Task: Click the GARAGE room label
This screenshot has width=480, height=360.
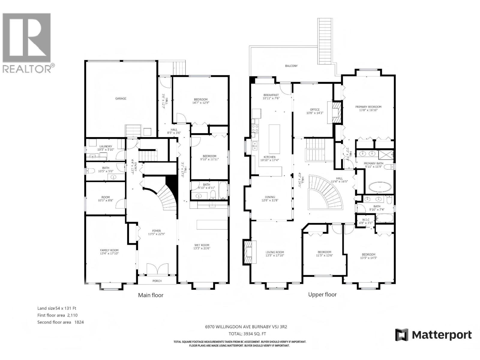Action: [x=121, y=98]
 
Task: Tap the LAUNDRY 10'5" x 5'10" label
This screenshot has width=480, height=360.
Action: [x=106, y=148]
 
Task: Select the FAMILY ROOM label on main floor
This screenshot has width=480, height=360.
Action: [x=109, y=252]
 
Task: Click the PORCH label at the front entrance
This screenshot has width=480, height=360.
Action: [x=157, y=281]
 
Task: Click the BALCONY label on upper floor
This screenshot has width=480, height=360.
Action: [x=291, y=66]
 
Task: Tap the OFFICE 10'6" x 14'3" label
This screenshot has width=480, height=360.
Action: [x=315, y=111]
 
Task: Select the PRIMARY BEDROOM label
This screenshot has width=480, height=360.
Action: [x=368, y=108]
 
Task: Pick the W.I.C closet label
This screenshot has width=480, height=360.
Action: [x=366, y=221]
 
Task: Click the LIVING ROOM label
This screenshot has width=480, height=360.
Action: [x=275, y=254]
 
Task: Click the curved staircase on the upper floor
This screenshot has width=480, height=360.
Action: [x=327, y=192]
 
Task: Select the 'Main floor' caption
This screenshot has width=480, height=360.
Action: [x=151, y=295]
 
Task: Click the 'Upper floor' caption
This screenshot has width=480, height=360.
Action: [x=322, y=295]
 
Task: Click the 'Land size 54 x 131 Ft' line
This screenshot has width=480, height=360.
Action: [x=55, y=308]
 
